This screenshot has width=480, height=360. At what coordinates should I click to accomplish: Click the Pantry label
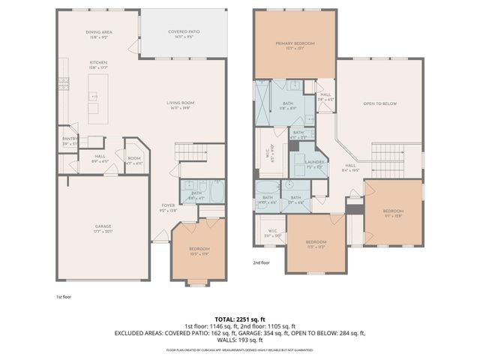(x=70, y=139)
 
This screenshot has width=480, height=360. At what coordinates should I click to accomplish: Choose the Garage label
(x=103, y=226)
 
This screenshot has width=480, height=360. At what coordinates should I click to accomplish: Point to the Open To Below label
(x=379, y=104)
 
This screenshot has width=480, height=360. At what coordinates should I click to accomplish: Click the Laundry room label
(x=313, y=163)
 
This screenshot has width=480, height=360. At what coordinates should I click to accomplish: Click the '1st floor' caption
(x=64, y=296)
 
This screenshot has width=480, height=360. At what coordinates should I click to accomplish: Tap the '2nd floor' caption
(x=262, y=262)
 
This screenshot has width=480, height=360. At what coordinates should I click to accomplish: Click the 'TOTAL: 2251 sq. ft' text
(x=239, y=318)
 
